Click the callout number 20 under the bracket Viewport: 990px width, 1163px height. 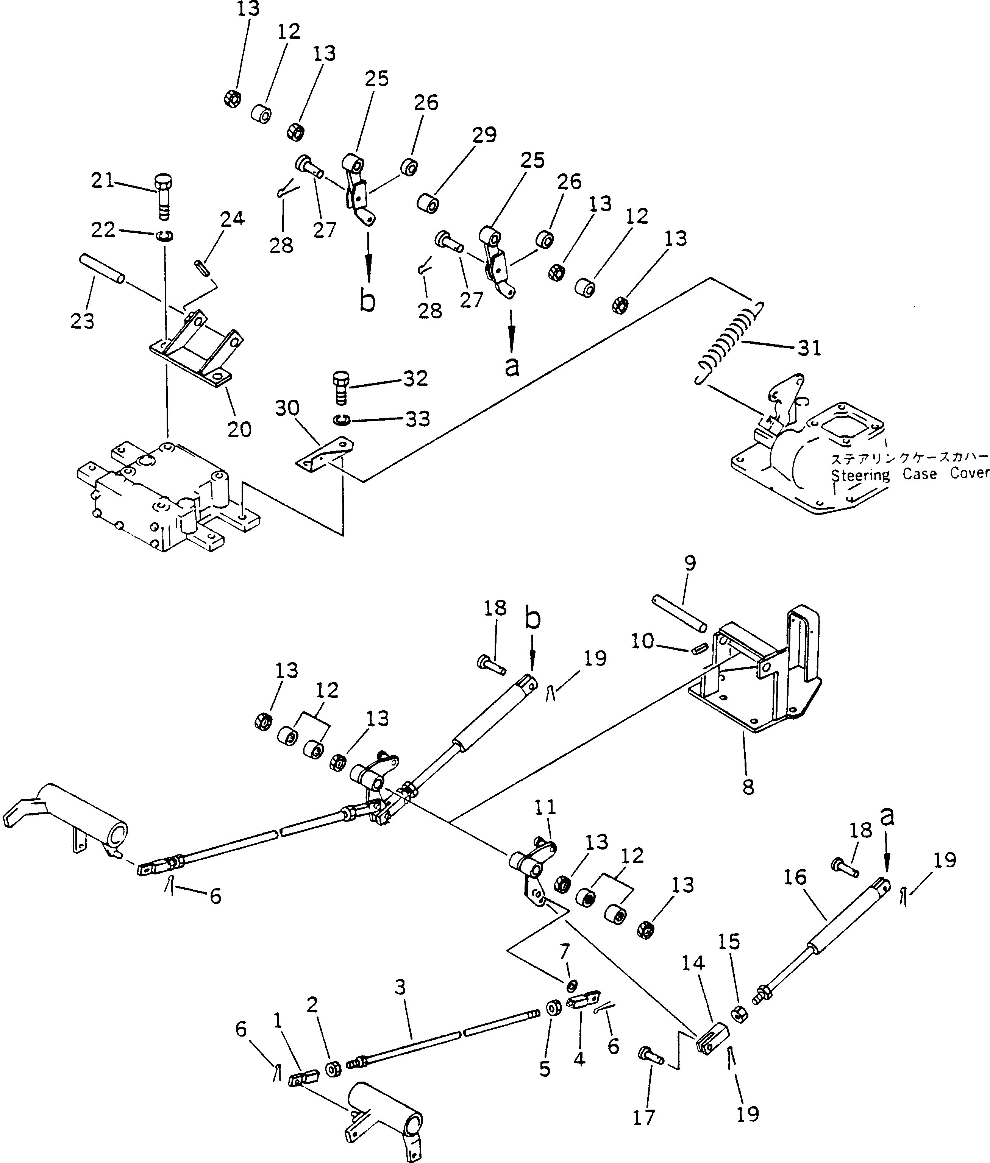[x=239, y=429]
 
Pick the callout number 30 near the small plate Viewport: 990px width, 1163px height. [x=287, y=408]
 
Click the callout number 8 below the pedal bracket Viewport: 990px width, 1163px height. [x=748, y=787]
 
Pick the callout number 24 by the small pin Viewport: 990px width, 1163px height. [x=232, y=218]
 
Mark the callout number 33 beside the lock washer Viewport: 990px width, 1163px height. [x=418, y=419]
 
